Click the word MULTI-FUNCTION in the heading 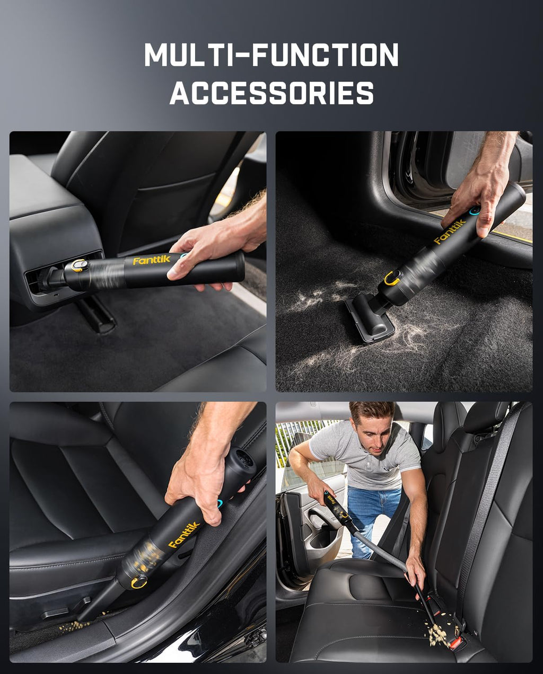(x=271, y=55)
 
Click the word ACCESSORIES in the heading (x=271, y=93)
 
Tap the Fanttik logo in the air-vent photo (x=151, y=260)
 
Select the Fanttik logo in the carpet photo (x=450, y=232)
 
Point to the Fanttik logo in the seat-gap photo (x=183, y=535)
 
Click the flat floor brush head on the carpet (x=370, y=318)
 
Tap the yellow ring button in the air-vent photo (x=79, y=265)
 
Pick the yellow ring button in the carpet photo (x=392, y=277)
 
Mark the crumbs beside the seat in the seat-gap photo (x=74, y=627)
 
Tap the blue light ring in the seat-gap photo (x=220, y=502)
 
